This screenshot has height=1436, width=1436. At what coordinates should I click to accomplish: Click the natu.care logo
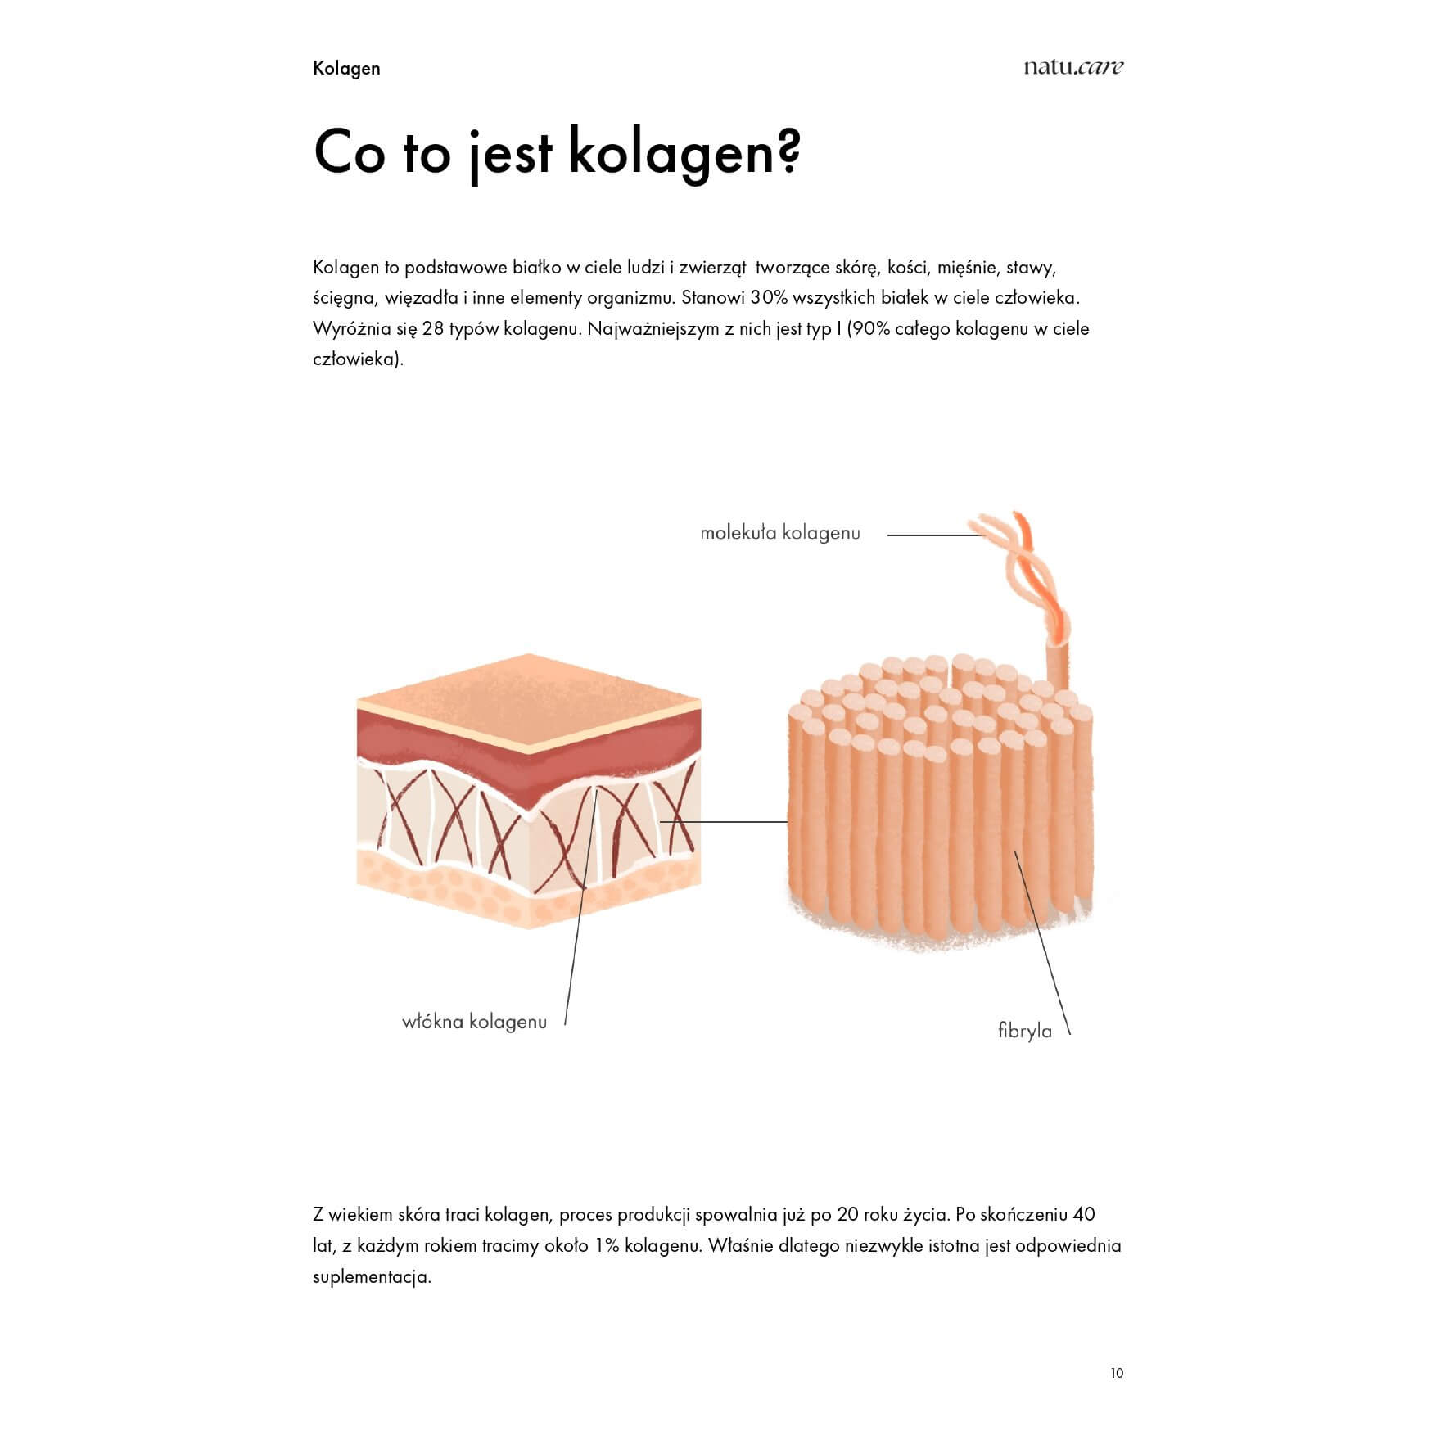point(1072,67)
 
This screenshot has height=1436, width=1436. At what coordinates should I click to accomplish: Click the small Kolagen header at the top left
point(346,68)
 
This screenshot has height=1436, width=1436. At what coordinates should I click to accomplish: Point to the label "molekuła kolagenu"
point(780,533)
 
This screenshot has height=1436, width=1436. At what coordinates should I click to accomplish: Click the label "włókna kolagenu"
point(474,1023)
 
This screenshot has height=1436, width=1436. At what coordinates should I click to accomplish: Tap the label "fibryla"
point(1024,1032)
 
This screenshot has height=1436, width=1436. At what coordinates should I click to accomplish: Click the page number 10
point(1117,1373)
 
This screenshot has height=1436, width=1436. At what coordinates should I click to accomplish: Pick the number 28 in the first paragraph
point(433,329)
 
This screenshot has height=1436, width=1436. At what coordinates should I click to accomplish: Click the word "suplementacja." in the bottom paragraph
point(372,1277)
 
